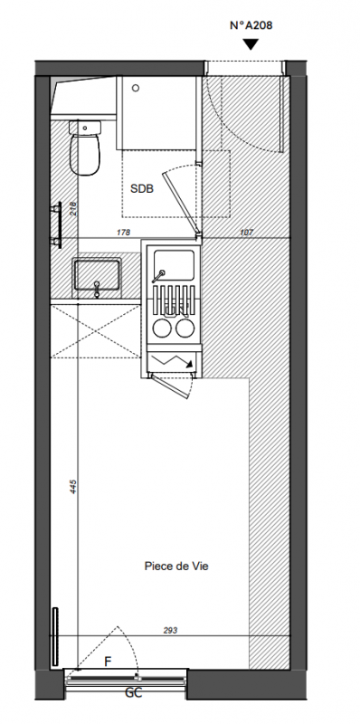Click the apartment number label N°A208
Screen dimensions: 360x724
pos(251,25)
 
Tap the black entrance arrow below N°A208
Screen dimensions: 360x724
pos(251,44)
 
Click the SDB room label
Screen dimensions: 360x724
pos(142,188)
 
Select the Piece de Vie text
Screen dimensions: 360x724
pos(176,567)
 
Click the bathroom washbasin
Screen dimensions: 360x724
pos(97,275)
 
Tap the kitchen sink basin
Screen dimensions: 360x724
pos(174,264)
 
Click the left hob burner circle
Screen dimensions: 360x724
pos(162,329)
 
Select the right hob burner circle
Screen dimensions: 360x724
pos(185,329)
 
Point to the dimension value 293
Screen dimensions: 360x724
pos(170,630)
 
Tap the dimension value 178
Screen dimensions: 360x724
pos(124,233)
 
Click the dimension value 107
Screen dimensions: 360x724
pos(246,233)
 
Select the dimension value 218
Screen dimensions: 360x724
pos(73,209)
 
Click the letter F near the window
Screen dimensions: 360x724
pos(108,662)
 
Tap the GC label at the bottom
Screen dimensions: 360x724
pos(133,692)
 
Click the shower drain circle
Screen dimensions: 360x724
pos(136,88)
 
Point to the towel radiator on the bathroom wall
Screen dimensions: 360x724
pos(57,224)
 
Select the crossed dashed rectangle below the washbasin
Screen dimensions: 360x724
pos(96,331)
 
